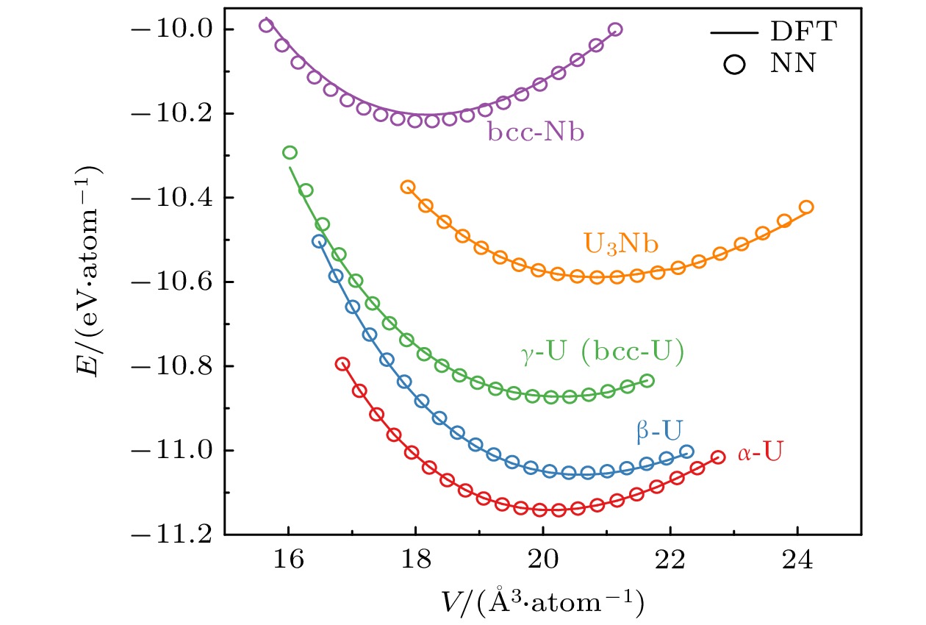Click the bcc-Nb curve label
pyautogui.click(x=535, y=133)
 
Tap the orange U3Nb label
pyautogui.click(x=621, y=243)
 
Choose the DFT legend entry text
pyautogui.click(x=803, y=32)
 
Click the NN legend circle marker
pyautogui.click(x=734, y=65)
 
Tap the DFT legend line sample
pyautogui.click(x=734, y=32)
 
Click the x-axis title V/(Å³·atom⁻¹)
pyautogui.click(x=544, y=602)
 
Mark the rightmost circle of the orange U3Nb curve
pyautogui.click(x=806, y=207)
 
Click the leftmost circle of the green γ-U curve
pyautogui.click(x=290, y=153)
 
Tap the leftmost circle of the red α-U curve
pyautogui.click(x=342, y=364)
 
